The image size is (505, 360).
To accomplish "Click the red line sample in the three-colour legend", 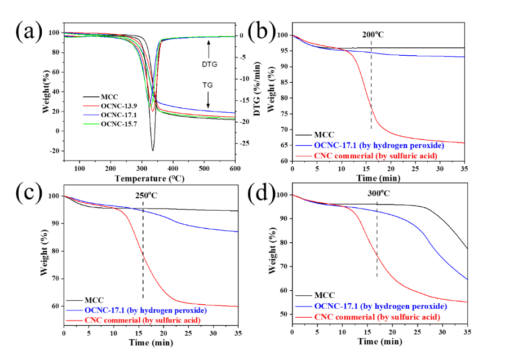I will coord(91,105).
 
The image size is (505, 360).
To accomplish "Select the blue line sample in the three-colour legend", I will coord(91,115).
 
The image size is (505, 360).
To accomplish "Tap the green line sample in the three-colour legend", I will coord(91,124).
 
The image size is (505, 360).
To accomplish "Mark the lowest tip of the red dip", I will coord(153,112).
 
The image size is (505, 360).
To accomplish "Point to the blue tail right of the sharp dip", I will coord(197,109).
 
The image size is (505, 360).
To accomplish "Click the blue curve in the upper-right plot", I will coord(406,55).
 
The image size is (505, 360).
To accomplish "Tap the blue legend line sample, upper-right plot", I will coord(304,146).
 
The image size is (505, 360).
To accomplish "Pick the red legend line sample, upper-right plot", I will coord(304,155).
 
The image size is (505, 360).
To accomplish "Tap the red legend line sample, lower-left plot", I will coord(74,320).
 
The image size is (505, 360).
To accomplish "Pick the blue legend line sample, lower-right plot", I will coord(304,306).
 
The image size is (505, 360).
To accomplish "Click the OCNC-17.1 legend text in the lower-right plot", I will coord(336,306).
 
